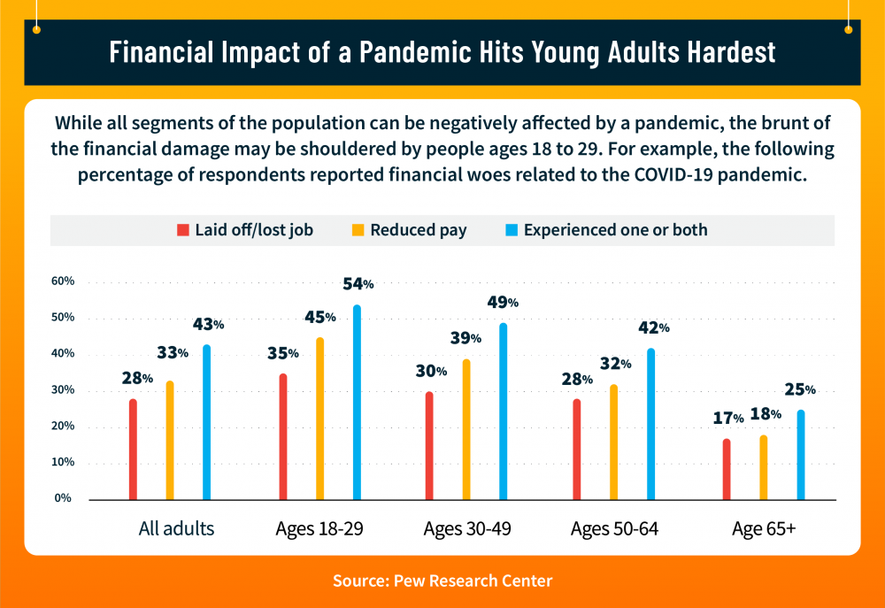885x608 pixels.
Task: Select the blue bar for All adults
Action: (x=207, y=423)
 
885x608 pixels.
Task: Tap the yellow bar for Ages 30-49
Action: (x=466, y=430)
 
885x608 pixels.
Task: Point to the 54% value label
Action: (x=358, y=284)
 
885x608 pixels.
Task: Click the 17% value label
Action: (x=727, y=418)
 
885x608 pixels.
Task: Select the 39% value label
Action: (x=465, y=338)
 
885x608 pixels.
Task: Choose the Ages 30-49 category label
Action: (x=467, y=529)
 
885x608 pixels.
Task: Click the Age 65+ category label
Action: (x=764, y=529)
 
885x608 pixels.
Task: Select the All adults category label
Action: (x=176, y=529)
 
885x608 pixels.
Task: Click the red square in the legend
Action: (x=183, y=231)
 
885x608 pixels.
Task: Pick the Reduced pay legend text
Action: (x=419, y=231)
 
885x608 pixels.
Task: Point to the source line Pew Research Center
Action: (x=442, y=581)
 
